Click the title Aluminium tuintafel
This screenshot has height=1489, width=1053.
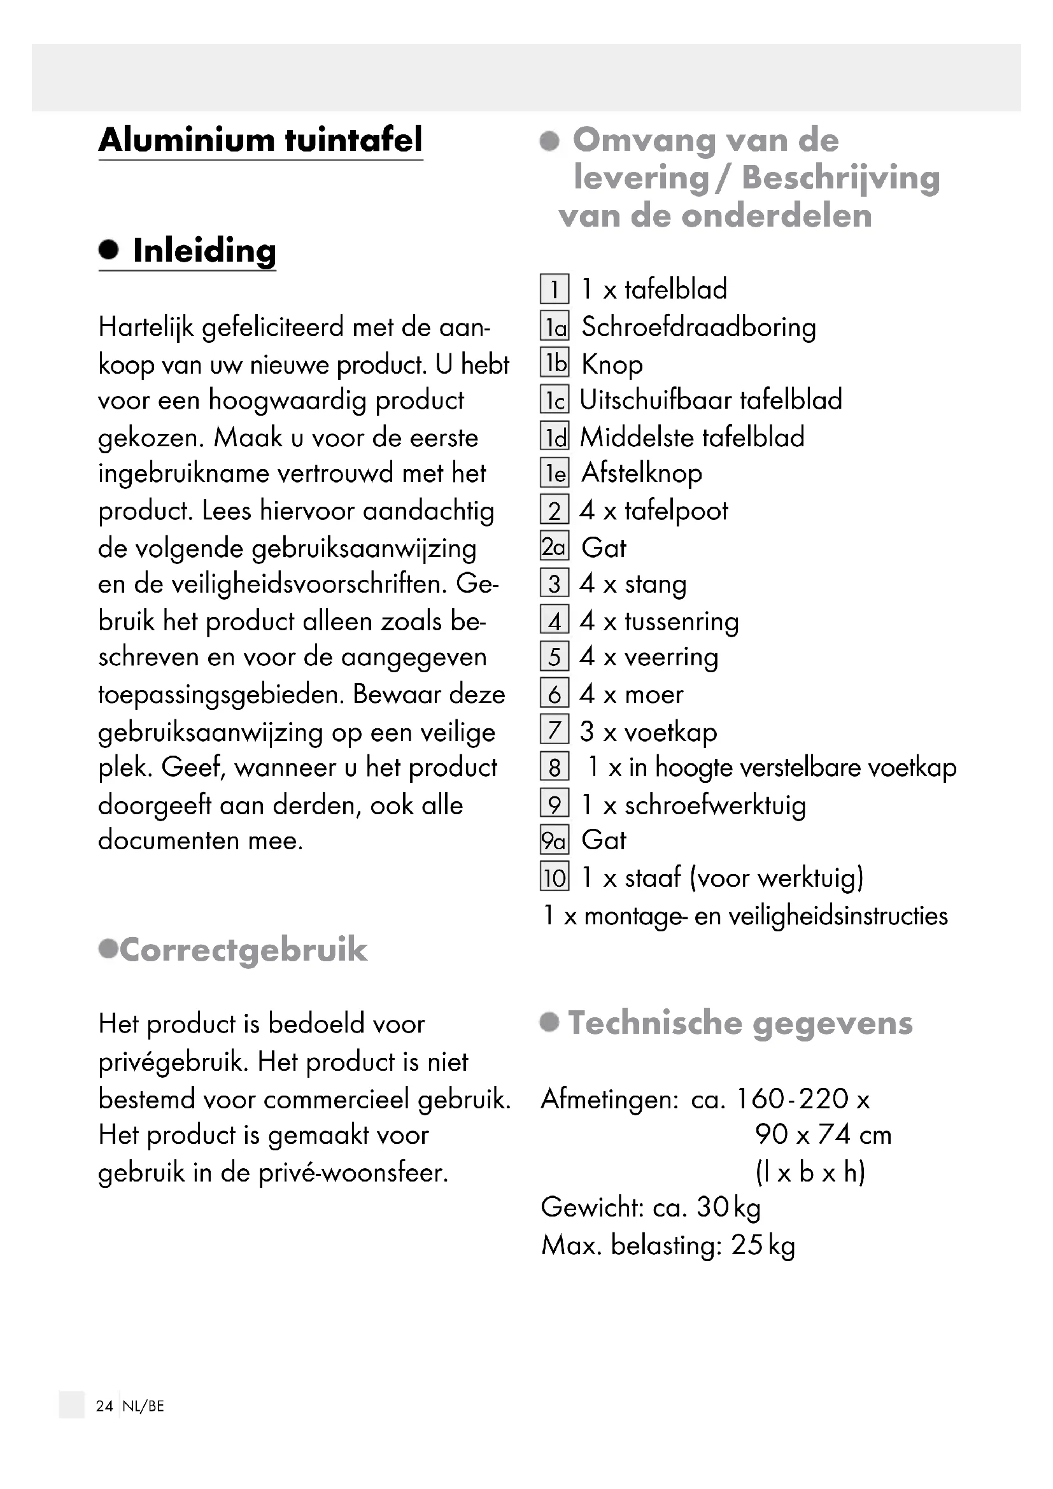260,139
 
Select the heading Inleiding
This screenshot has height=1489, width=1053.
204,250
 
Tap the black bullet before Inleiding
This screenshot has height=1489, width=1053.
109,250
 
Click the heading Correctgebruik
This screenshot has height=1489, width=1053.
243,949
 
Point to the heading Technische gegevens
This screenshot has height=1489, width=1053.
740,1023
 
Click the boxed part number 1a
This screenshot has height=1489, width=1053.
555,327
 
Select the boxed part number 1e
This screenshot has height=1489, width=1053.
555,474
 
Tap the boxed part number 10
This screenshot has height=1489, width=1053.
555,877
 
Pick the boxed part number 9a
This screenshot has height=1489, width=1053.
555,841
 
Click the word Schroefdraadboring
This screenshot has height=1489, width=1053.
698,327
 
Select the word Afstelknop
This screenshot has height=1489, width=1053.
641,474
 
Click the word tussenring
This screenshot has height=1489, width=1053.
681,621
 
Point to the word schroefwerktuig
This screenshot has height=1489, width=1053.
715,805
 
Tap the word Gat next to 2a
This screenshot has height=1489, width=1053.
604,548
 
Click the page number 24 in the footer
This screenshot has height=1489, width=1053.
104,1406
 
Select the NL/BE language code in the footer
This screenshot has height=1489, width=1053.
143,1406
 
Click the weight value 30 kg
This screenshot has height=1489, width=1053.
728,1208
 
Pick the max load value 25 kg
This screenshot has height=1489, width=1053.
763,1245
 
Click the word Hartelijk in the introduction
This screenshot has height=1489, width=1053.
146,327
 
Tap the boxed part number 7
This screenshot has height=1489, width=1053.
555,731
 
